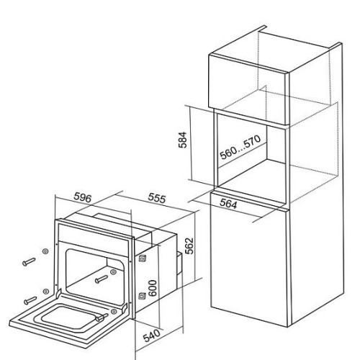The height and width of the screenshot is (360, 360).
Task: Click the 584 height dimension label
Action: pyautogui.click(x=183, y=140)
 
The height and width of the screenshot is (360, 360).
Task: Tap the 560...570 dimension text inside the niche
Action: pyautogui.click(x=240, y=147)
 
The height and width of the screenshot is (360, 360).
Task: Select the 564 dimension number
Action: pyautogui.click(x=228, y=204)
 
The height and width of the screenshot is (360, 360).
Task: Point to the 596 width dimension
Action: pyautogui.click(x=83, y=197)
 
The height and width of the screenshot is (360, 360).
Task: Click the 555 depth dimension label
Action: pyautogui.click(x=157, y=198)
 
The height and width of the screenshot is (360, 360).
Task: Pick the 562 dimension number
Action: pyautogui.click(x=189, y=246)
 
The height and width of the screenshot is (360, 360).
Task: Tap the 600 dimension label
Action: pyautogui.click(x=153, y=288)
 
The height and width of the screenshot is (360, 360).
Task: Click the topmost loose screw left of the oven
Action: pyautogui.click(x=29, y=261)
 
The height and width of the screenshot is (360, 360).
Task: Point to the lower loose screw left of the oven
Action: pyautogui.click(x=30, y=300)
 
